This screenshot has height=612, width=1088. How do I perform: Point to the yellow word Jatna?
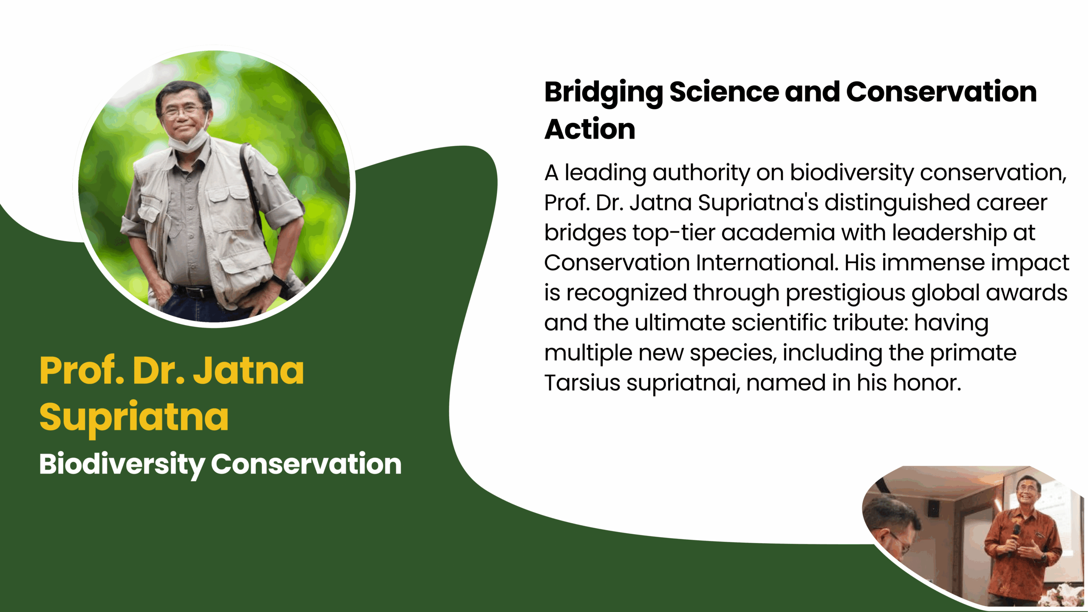(x=249, y=371)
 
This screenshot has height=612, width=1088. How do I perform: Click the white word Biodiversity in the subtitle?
(x=122, y=465)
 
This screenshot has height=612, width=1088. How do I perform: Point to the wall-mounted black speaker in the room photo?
(x=934, y=508)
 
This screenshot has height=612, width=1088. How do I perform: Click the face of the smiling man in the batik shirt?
(x=1028, y=493)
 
